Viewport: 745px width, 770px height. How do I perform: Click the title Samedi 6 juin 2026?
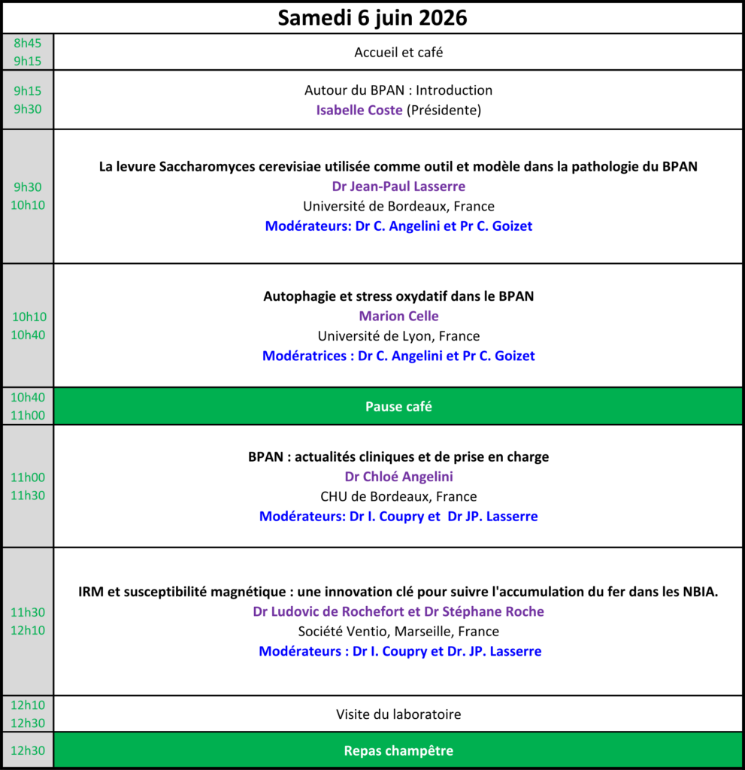[372, 17]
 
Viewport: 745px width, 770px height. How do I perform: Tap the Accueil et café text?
[398, 53]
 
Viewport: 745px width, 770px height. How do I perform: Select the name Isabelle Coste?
[359, 110]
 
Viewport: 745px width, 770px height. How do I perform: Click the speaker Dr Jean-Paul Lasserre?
[398, 186]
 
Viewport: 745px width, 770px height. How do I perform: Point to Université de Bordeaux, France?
[398, 206]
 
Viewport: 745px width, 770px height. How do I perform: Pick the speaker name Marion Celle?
[398, 316]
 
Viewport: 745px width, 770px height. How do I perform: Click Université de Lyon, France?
[398, 336]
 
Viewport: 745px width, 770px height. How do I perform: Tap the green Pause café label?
[398, 407]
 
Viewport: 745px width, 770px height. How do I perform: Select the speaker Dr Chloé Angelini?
[398, 477]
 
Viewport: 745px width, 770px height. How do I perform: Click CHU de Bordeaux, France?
[398, 496]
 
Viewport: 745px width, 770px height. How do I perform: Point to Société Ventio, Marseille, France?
[398, 632]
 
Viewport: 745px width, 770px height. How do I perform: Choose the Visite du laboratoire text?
[398, 714]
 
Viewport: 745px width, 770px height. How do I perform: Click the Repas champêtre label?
[398, 750]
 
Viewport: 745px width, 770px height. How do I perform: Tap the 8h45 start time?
[28, 44]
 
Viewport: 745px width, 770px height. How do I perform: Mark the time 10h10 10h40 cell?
[28, 326]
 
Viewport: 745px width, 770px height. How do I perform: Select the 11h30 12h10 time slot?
[28, 622]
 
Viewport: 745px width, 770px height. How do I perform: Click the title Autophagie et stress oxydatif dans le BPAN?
[398, 296]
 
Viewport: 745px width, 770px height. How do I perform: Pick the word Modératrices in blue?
[306, 356]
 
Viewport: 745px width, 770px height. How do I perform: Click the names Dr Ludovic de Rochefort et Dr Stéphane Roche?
[398, 612]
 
